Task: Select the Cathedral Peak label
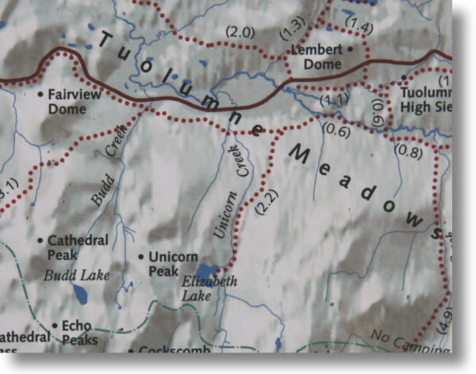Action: click(x=75, y=246)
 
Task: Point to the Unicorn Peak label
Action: click(x=173, y=264)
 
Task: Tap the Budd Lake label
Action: click(x=77, y=276)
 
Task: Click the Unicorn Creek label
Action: click(x=231, y=191)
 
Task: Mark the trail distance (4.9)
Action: click(x=445, y=321)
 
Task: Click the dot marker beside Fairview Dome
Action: click(x=41, y=94)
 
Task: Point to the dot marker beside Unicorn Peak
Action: click(x=140, y=256)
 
